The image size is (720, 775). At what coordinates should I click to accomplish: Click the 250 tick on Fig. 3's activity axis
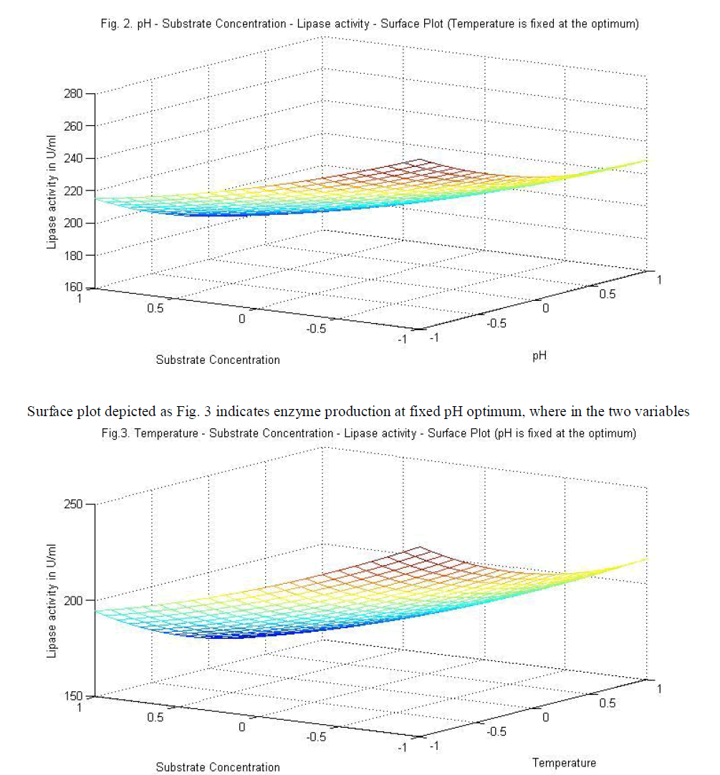point(75,504)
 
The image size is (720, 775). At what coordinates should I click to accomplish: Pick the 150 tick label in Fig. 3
point(75,696)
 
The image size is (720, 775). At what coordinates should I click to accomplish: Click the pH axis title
point(541,354)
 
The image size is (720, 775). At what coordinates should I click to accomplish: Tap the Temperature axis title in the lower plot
point(564,762)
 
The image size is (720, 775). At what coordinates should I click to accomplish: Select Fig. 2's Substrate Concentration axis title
point(218,360)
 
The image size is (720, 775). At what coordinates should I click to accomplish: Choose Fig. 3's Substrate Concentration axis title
point(218,767)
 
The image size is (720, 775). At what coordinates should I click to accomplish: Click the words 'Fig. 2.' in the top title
point(118,24)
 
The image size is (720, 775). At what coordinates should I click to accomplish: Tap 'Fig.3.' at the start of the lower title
point(117,434)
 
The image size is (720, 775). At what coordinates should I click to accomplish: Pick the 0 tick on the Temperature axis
point(546,717)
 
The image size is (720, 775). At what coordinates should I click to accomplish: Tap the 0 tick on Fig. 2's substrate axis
point(242,319)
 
